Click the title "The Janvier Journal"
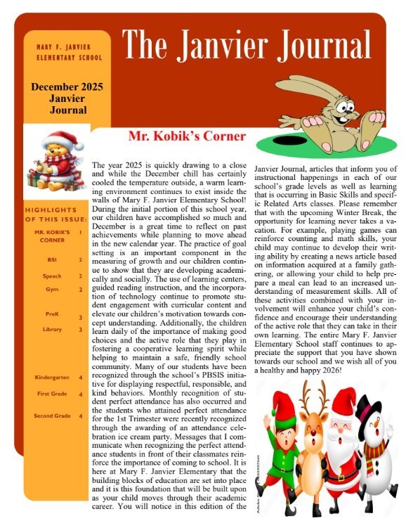coord(247,46)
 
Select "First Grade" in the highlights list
coord(51,394)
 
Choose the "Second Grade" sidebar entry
coord(51,416)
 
